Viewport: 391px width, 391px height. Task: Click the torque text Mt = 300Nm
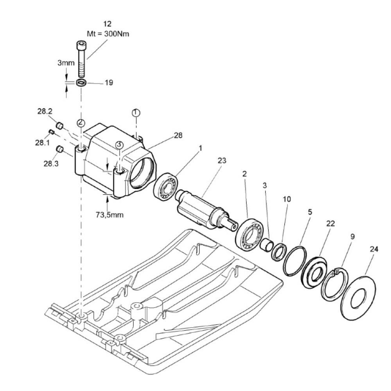click(x=108, y=34)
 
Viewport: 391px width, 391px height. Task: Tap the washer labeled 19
click(x=81, y=83)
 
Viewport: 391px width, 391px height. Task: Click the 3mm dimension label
click(x=65, y=63)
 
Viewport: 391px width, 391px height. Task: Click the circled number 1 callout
click(x=135, y=113)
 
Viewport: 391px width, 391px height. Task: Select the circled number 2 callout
click(x=81, y=122)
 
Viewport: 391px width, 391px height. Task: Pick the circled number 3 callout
click(x=120, y=144)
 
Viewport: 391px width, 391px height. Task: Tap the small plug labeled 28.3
click(x=60, y=149)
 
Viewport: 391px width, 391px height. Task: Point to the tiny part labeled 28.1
click(x=51, y=132)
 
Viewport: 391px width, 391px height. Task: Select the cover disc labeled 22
click(x=314, y=272)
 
